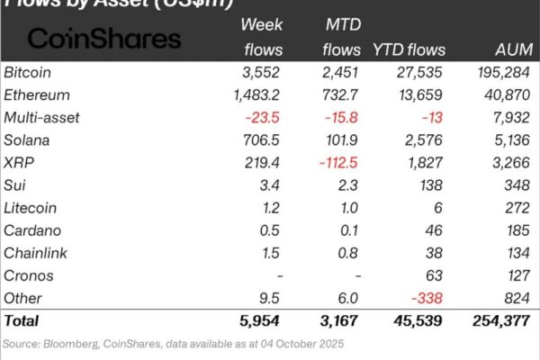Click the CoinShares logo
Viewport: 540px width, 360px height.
tap(104, 38)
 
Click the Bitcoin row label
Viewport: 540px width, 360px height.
tap(27, 71)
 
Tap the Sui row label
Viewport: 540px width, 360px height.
tap(15, 185)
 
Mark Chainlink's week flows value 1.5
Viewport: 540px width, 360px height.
tap(272, 253)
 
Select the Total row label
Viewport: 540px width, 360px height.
tap(22, 320)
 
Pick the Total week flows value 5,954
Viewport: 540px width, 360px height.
tap(260, 320)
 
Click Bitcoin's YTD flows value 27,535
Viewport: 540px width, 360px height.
tap(418, 71)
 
